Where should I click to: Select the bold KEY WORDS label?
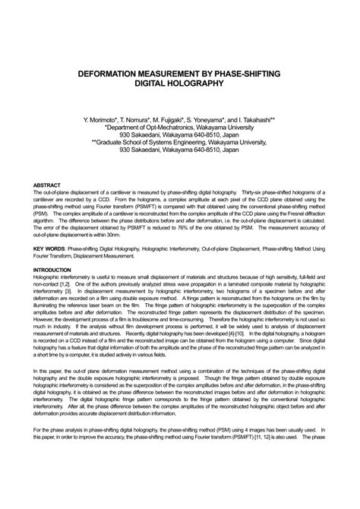[x=49, y=248]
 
